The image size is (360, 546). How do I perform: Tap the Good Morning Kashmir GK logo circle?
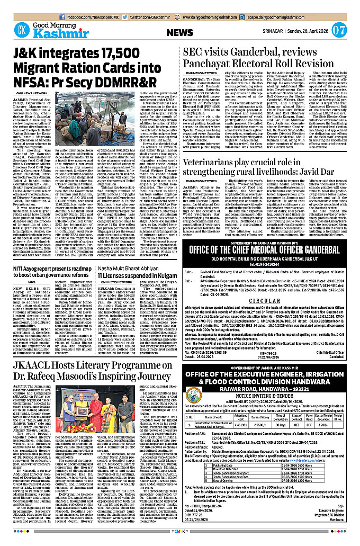[x=21, y=29]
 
